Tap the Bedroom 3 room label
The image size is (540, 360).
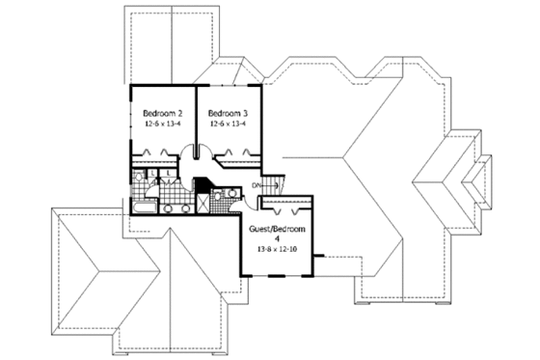click(227, 111)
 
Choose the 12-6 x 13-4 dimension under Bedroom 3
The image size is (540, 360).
click(227, 123)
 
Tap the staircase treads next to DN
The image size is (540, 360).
click(273, 183)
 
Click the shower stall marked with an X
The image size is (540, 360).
click(204, 204)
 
